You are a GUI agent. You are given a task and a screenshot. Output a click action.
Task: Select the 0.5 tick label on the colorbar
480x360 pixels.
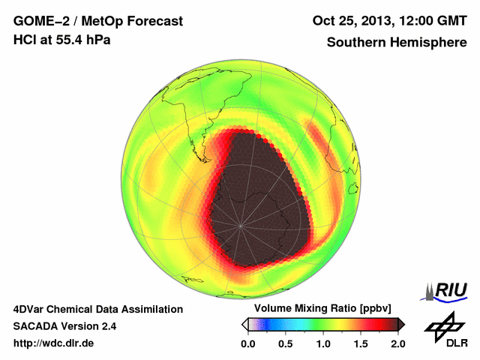[x=286, y=343]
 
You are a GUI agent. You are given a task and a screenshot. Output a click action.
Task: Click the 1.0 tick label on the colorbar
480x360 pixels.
[x=323, y=343]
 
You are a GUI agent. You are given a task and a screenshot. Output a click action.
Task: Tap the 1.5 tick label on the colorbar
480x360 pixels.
[x=361, y=343]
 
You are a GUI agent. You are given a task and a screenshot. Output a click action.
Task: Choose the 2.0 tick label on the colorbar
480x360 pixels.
[x=397, y=343]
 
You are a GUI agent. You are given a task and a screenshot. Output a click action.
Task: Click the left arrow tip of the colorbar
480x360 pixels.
[x=243, y=324]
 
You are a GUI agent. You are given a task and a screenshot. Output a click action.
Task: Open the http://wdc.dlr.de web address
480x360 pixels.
[x=54, y=343]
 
